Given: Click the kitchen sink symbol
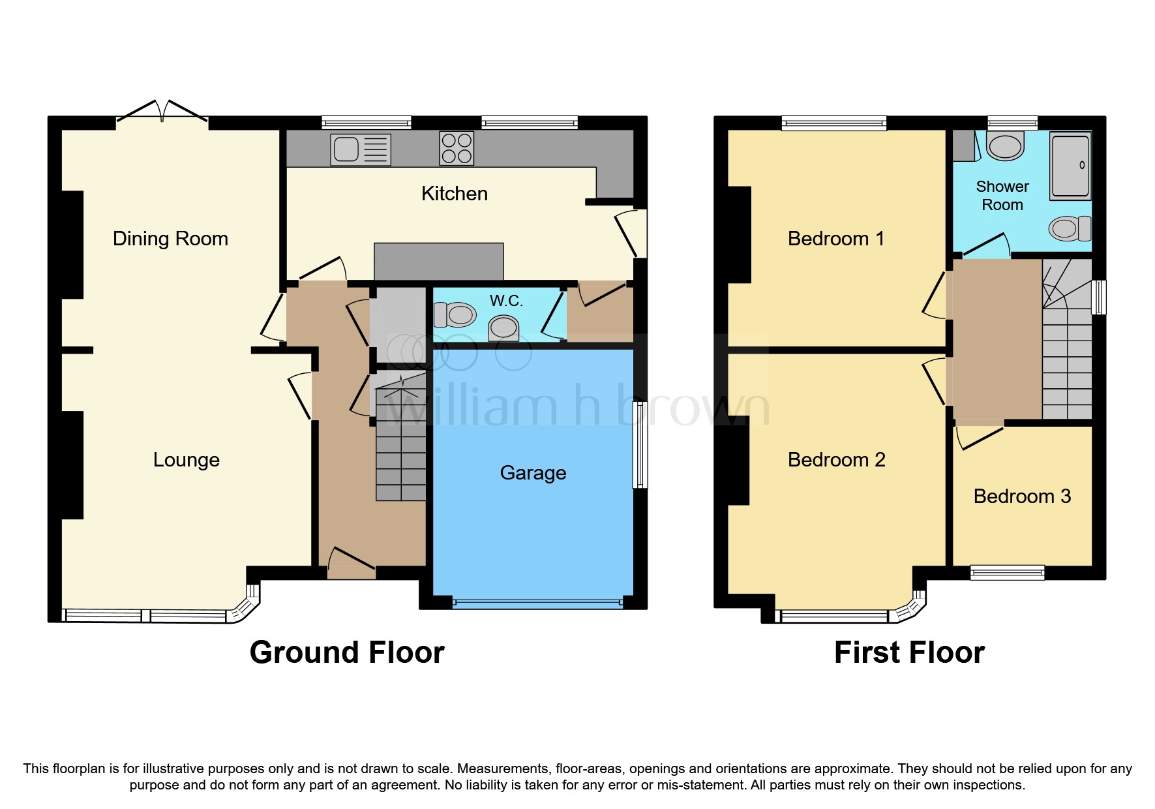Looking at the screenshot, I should tap(360, 149).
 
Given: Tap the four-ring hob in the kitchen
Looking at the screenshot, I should tap(457, 148).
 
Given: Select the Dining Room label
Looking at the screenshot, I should tap(170, 239).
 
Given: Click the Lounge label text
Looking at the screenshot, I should tap(186, 460).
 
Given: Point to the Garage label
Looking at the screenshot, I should tap(533, 473).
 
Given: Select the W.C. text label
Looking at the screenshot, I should tap(506, 301).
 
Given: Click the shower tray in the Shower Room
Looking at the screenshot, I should tap(1070, 166).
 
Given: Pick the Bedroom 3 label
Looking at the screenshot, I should tap(1022, 496).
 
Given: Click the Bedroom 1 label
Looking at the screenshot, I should tap(836, 239).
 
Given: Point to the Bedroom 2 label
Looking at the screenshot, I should tap(836, 460).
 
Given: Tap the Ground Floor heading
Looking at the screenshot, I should tap(347, 652).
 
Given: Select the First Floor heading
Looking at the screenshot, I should tap(909, 652).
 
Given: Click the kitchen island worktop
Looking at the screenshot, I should tap(438, 261).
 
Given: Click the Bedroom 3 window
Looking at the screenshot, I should tap(1007, 573).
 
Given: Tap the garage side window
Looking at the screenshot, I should tap(640, 444).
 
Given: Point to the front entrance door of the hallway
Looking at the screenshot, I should tap(352, 569).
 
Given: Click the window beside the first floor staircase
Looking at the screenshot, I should tap(1099, 297).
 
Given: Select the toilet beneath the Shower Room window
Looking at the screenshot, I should tap(1004, 146).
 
